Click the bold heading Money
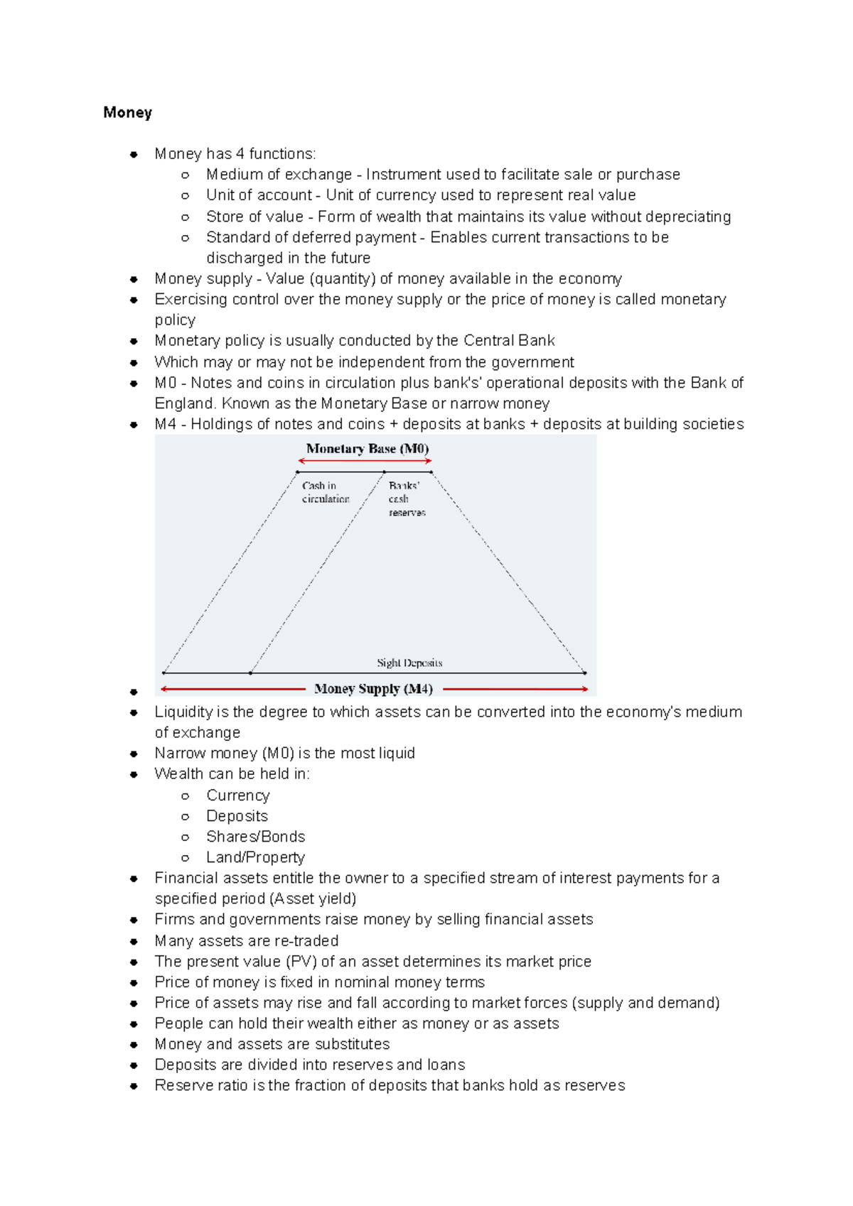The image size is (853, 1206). coord(127,113)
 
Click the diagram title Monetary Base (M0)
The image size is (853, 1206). coord(367,449)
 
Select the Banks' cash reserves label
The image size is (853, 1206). coord(406,499)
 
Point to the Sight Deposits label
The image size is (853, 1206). coord(409,663)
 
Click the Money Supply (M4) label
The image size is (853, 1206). coord(373,689)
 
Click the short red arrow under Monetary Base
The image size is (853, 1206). coord(365,462)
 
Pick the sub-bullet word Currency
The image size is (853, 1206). coord(237,795)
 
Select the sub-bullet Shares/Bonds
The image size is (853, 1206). coord(255,837)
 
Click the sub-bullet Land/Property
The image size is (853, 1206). coord(255,857)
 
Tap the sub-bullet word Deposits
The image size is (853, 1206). coord(237,816)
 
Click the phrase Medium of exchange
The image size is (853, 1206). coord(279,175)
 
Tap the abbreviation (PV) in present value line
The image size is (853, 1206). coord(301,962)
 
